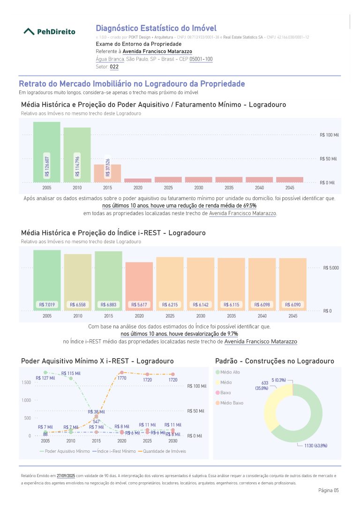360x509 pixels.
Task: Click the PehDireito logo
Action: tap(49, 31)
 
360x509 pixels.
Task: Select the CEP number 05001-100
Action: tap(201, 59)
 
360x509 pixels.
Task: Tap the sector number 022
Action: tap(114, 67)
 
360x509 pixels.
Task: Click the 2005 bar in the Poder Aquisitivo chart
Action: tap(46, 151)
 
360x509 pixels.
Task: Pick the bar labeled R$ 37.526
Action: tap(107, 172)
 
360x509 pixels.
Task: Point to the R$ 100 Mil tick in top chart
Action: tap(329, 135)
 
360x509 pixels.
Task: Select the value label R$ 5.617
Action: tap(139, 305)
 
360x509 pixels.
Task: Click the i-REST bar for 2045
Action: tap(293, 284)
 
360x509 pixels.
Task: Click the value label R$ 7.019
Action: tap(47, 305)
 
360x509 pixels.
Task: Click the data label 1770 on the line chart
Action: tap(122, 378)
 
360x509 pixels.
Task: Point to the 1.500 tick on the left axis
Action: tap(26, 382)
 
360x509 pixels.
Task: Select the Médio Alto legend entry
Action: tap(230, 372)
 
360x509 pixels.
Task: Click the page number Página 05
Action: tap(328, 490)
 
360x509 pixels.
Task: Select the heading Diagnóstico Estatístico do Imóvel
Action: tap(156, 28)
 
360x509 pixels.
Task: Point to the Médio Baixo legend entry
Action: tap(232, 403)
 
